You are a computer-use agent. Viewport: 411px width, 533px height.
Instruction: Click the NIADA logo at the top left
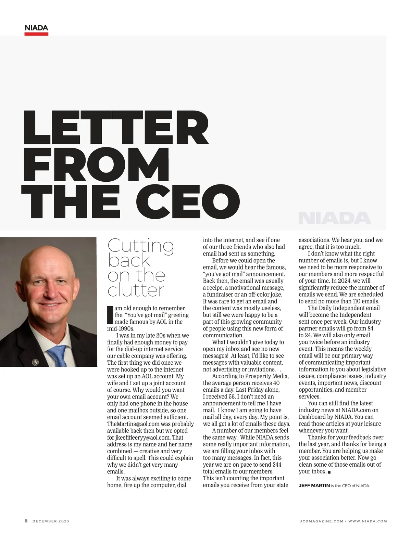click(36, 28)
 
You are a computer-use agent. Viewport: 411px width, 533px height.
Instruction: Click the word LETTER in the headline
click(116, 128)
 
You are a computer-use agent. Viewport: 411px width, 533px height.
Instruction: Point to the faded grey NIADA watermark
click(335, 218)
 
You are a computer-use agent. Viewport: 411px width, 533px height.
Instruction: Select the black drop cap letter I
click(110, 315)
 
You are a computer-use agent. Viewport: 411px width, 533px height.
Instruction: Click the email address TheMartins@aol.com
click(133, 424)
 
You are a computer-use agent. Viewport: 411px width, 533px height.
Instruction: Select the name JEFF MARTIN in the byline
click(314, 485)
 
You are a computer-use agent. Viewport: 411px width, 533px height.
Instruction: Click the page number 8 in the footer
click(26, 521)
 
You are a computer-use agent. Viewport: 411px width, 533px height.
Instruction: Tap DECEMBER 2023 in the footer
click(51, 521)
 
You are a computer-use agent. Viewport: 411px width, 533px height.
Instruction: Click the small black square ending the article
click(329, 472)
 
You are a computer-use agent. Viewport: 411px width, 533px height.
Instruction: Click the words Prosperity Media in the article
click(267, 376)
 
